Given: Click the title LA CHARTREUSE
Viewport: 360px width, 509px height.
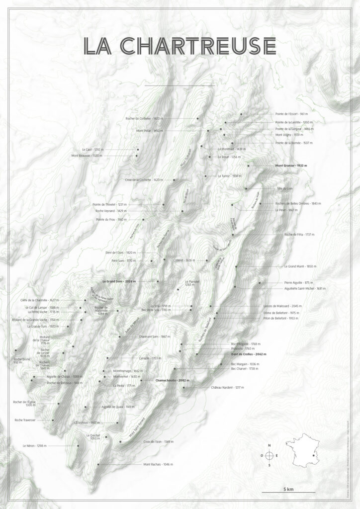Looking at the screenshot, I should (180, 46).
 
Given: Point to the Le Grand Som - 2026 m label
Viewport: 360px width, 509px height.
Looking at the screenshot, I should (119, 281).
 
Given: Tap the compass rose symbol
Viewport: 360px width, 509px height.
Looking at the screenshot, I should (269, 455).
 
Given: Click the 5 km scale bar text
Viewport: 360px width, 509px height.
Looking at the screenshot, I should (288, 490).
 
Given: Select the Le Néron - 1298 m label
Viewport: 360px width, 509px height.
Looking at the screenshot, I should (34, 446).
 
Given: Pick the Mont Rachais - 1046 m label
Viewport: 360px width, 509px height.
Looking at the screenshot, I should (158, 464).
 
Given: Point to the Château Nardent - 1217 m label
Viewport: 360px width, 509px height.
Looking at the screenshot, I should (227, 387).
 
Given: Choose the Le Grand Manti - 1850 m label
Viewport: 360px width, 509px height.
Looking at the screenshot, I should (300, 266).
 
